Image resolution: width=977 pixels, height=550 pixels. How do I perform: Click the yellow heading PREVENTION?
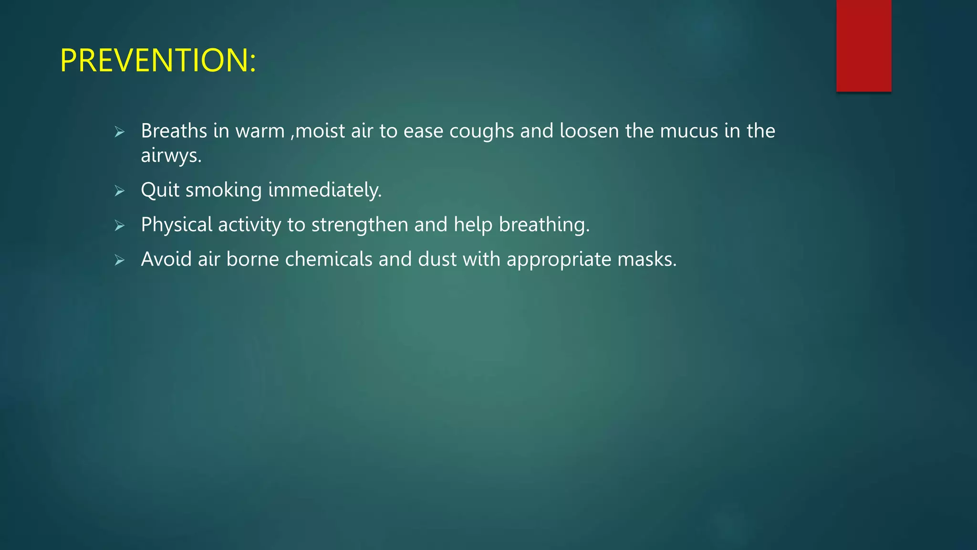[158, 61]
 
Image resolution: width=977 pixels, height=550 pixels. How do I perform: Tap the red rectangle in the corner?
[863, 45]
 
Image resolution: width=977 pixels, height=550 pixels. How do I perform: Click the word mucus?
[689, 131]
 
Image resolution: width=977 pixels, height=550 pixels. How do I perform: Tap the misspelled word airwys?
[171, 156]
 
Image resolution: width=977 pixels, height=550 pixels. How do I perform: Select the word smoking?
[223, 190]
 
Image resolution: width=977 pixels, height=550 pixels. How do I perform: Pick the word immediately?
[325, 190]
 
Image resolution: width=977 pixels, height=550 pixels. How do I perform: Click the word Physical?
[177, 225]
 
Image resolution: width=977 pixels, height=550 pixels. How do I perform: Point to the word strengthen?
[360, 225]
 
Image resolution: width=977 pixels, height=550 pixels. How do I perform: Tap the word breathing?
[544, 225]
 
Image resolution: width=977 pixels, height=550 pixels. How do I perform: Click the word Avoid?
[166, 259]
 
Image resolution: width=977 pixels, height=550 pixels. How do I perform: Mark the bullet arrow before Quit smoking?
[119, 191]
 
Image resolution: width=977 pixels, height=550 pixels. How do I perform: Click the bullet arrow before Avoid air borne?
[119, 260]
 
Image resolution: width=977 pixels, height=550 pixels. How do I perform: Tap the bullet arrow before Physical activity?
[119, 225]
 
